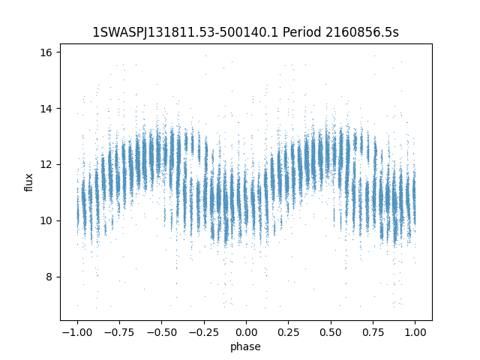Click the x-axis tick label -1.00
pos(76,331)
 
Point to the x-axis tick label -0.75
pos(118,331)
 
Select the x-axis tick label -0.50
pos(161,331)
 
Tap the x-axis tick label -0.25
pos(203,331)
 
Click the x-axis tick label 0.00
pos(246,331)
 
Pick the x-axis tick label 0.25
pos(288,331)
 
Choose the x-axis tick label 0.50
pos(331,331)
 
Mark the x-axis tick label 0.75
pos(373,331)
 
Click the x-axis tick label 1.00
pos(415,331)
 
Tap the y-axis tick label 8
pos(49,277)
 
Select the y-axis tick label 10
pos(46,220)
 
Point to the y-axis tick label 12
pos(46,164)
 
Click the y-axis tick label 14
pos(46,109)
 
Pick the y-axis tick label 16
pos(46,52)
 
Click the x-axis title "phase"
pos(246,346)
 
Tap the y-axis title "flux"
pos(29,182)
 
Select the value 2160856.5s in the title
pos(362,32)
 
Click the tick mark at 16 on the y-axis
pos(58,52)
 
